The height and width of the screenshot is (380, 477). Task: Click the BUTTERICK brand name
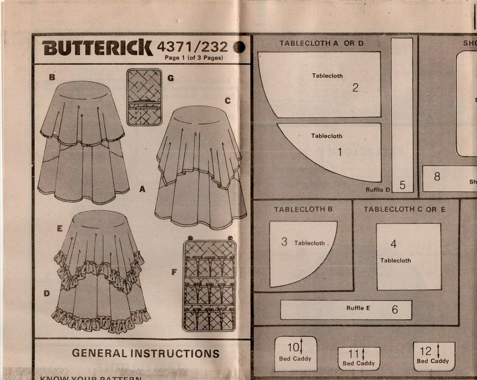[x=97, y=47]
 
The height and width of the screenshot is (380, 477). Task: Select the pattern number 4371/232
[x=192, y=47]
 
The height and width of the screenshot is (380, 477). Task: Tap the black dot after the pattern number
[x=239, y=47]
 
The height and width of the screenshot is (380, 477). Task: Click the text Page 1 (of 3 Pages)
[x=194, y=58]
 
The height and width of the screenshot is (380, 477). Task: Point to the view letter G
[x=170, y=78]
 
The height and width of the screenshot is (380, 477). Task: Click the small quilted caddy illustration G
[x=144, y=97]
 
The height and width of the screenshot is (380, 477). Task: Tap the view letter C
[x=228, y=101]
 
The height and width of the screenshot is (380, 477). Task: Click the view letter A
[x=142, y=189]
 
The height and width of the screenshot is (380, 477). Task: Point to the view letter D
[x=47, y=293]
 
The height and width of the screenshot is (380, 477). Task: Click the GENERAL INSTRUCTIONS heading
[x=145, y=353]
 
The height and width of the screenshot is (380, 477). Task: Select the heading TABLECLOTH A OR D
[x=321, y=43]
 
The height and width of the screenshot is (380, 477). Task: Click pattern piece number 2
[x=355, y=87]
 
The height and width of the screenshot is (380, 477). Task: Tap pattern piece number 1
[x=339, y=152]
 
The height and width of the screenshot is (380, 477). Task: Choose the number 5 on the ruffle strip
[x=402, y=185]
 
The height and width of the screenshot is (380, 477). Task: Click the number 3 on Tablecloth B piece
[x=284, y=241]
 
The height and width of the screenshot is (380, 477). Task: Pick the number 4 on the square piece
[x=393, y=244]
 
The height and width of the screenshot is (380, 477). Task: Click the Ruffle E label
[x=358, y=308]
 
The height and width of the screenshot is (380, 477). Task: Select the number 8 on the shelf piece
[x=437, y=176]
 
